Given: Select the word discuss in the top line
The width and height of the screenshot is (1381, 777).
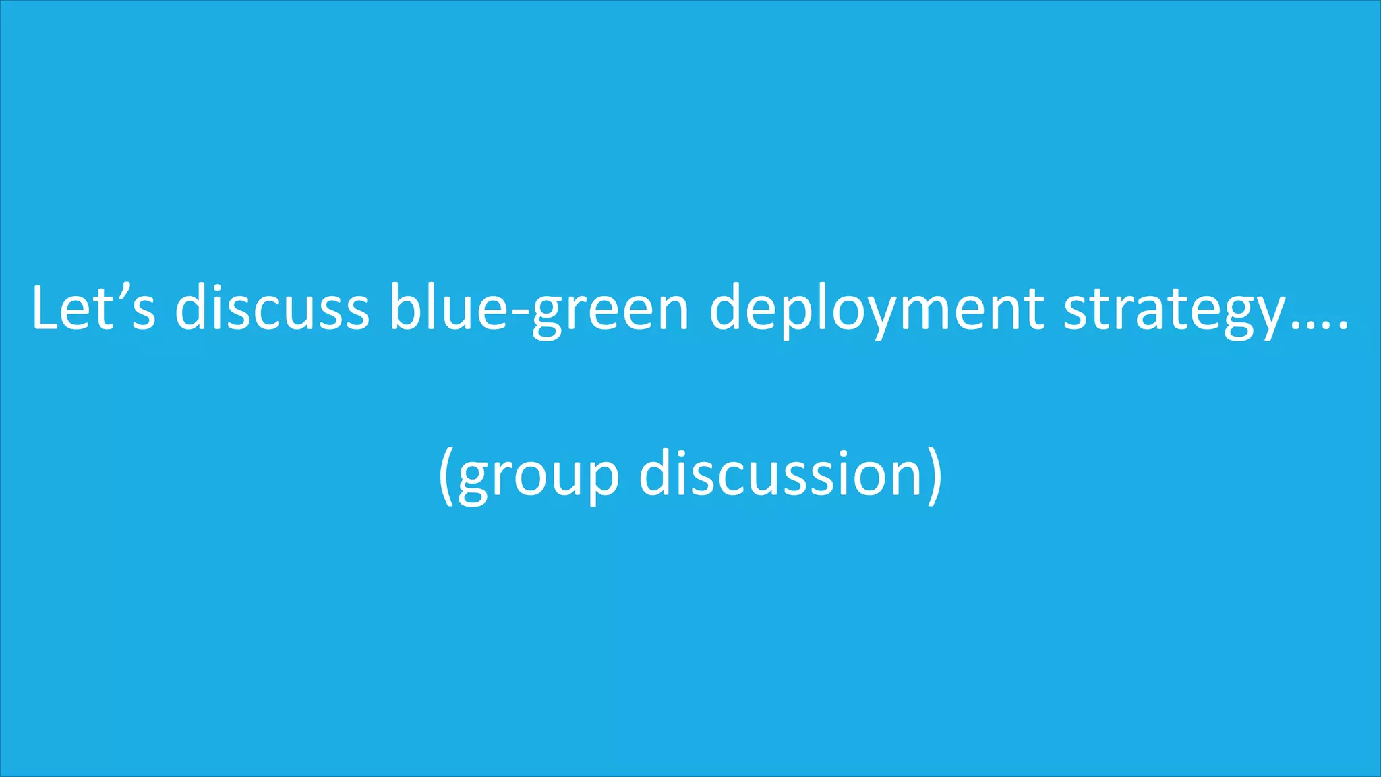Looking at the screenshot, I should (x=272, y=308).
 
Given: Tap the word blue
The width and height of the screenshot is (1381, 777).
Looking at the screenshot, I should (x=448, y=308).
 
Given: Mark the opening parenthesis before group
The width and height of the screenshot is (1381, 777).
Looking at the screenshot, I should (x=445, y=475).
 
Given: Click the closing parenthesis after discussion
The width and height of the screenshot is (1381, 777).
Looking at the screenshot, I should (x=935, y=475).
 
